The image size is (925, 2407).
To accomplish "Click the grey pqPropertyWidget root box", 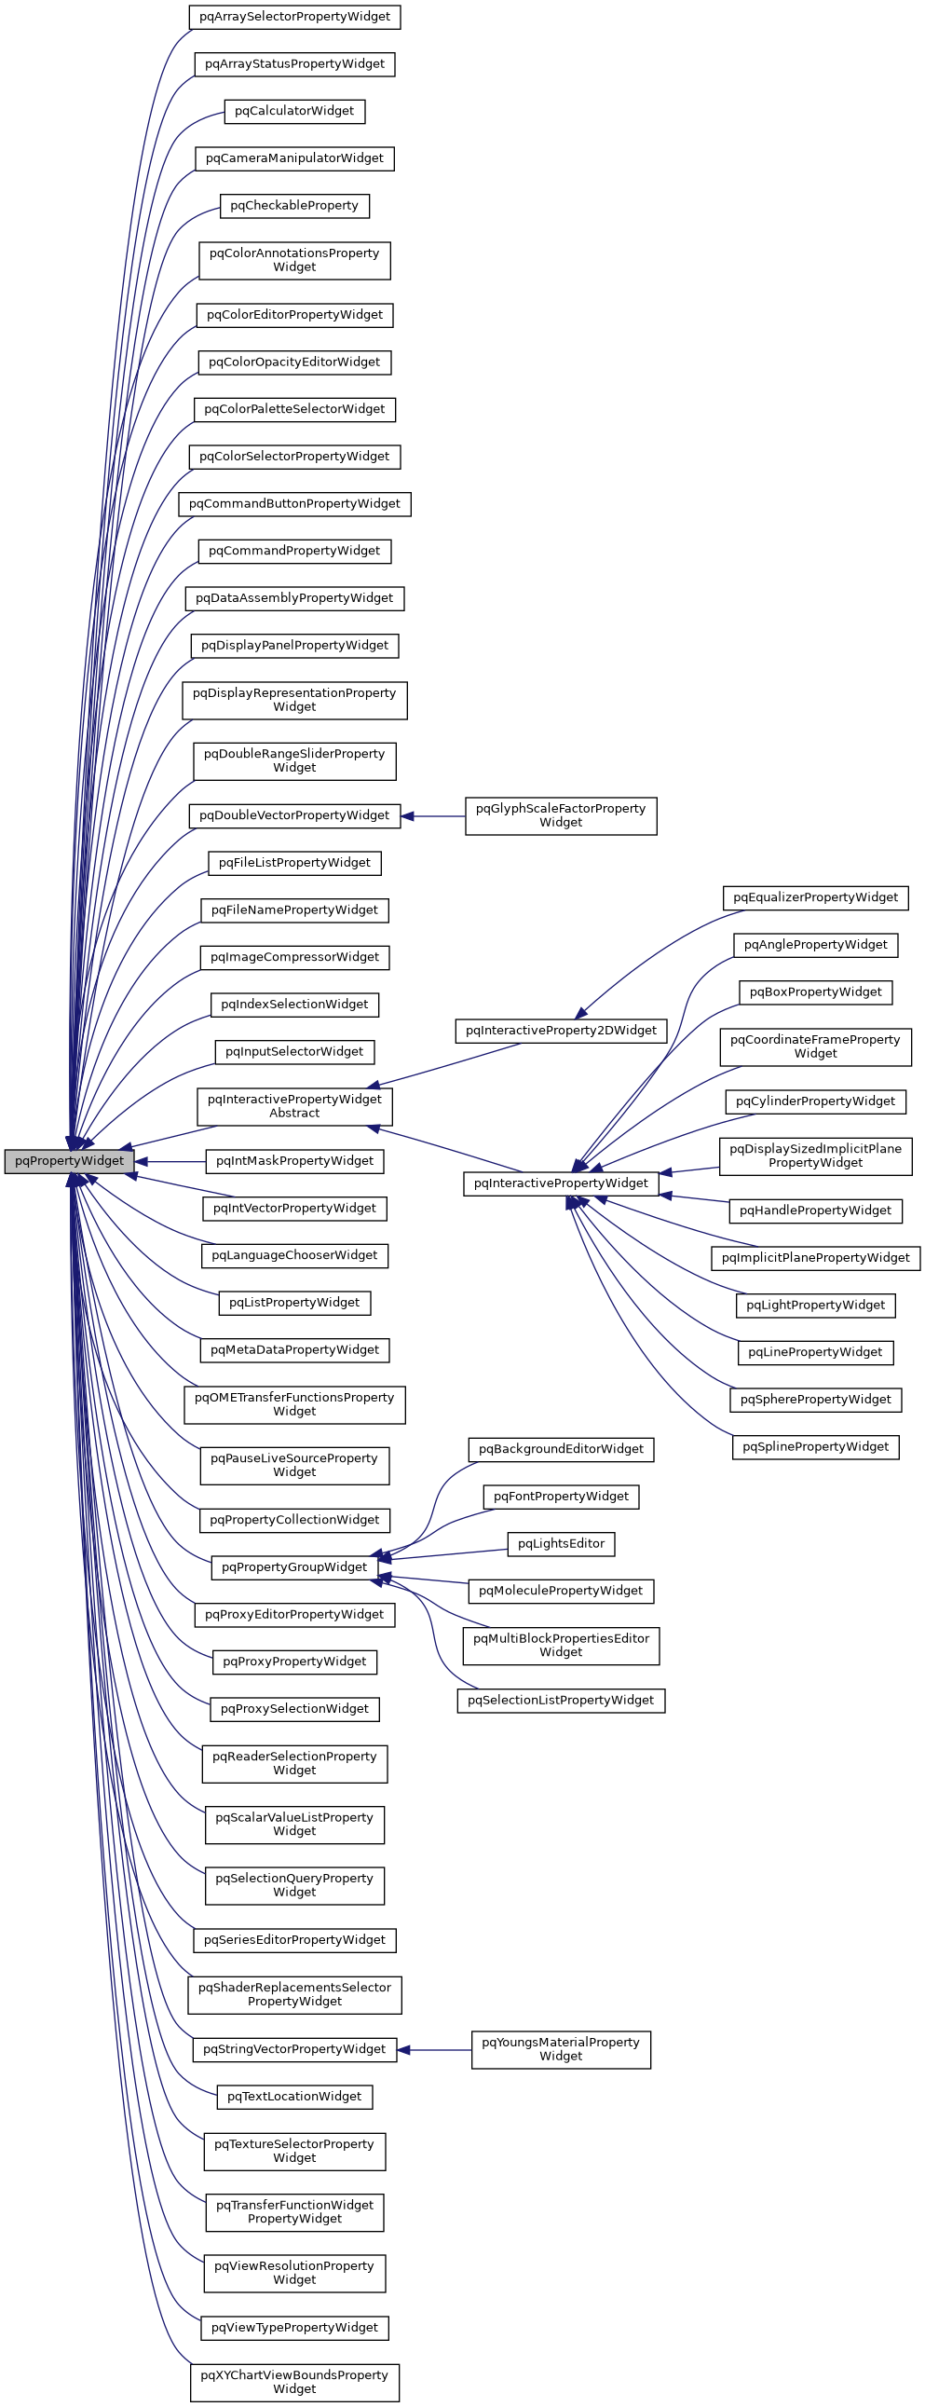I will (x=69, y=1160).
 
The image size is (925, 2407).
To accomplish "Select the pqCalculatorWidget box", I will (x=294, y=111).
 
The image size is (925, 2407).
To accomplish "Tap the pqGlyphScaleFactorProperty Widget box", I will (x=561, y=815).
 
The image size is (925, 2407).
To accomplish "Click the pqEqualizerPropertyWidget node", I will (x=815, y=897).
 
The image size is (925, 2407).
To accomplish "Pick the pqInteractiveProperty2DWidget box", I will (x=561, y=1030).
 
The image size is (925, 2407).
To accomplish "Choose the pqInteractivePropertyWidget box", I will (x=561, y=1183).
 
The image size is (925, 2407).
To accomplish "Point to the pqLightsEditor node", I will (x=561, y=1543).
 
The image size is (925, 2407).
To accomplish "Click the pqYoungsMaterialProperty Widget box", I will (x=561, y=2049).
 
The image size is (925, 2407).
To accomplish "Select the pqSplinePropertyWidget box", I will (x=815, y=1446).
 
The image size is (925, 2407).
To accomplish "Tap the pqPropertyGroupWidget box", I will (x=294, y=1567).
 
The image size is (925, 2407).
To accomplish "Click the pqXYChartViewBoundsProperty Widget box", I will (x=294, y=2381).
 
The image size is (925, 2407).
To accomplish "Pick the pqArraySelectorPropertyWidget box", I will (x=294, y=17).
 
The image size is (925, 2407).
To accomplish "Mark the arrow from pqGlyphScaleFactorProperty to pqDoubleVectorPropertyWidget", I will (x=433, y=815).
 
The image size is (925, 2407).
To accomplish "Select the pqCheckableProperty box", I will (x=294, y=206).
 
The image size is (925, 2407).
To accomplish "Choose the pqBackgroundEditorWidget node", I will (x=561, y=1449).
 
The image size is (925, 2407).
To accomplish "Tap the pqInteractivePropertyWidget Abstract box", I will (x=294, y=1106).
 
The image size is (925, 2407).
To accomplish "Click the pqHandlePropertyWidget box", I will (x=815, y=1210).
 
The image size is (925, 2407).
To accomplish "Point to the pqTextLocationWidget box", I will (x=294, y=2096).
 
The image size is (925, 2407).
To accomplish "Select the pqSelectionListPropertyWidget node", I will (x=561, y=1700).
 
